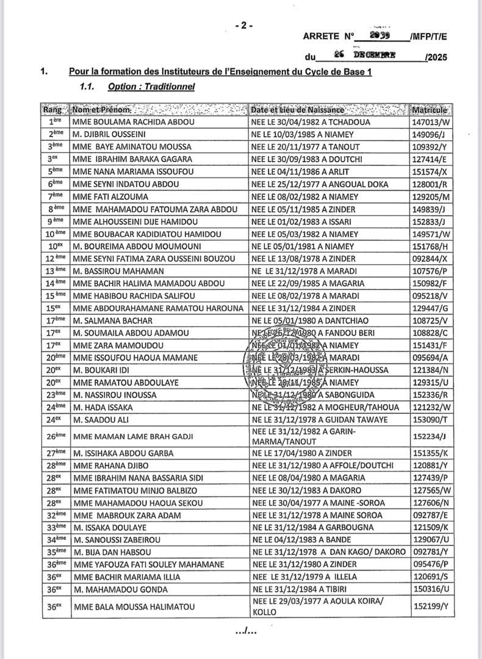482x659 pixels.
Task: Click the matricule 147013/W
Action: [x=430, y=122]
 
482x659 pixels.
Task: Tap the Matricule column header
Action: [x=430, y=110]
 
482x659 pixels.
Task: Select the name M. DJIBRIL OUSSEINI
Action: [x=110, y=134]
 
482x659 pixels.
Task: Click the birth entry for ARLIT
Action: [x=298, y=171]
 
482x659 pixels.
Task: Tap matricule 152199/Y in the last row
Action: [x=430, y=607]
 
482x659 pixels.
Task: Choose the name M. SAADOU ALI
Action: [x=97, y=420]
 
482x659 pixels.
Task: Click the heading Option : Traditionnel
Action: [x=151, y=87]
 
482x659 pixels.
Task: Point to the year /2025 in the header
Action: [x=437, y=57]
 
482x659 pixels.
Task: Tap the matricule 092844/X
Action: [x=430, y=259]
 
